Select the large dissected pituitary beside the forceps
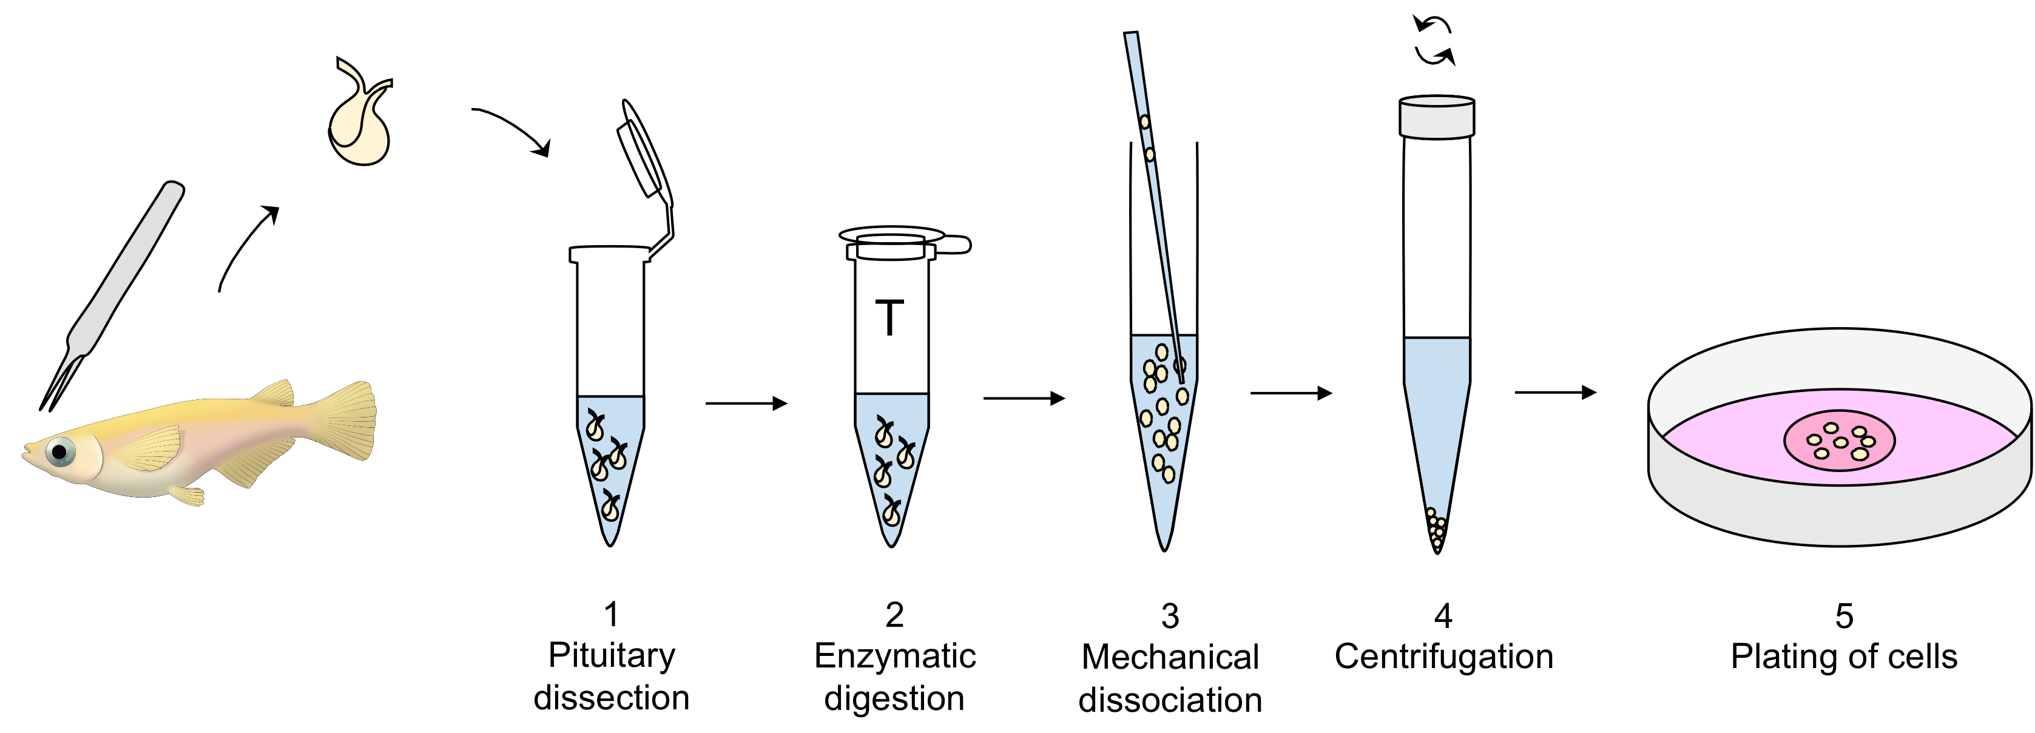point(359,126)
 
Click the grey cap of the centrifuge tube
point(1437,117)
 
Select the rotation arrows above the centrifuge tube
point(1434,41)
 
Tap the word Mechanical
point(1170,658)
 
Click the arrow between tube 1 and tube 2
point(746,404)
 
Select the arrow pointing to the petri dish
point(1554,392)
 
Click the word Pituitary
point(612,655)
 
